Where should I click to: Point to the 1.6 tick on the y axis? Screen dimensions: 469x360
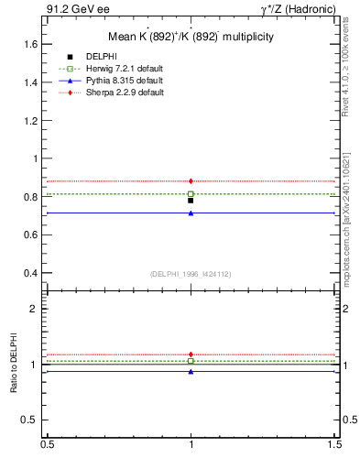31,44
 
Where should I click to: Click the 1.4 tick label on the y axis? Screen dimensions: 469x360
31,82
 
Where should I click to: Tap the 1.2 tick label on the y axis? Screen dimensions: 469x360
31,120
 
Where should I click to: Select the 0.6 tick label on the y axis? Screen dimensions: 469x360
31,234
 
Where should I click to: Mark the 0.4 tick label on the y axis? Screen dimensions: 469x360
31,273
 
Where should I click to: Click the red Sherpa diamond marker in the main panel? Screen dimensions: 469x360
191,181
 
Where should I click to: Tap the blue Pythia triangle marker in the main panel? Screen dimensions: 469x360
191,213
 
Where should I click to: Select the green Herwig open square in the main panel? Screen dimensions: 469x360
191,194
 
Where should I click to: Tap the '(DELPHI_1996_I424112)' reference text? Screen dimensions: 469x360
191,274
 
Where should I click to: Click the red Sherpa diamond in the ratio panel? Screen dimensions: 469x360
191,354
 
